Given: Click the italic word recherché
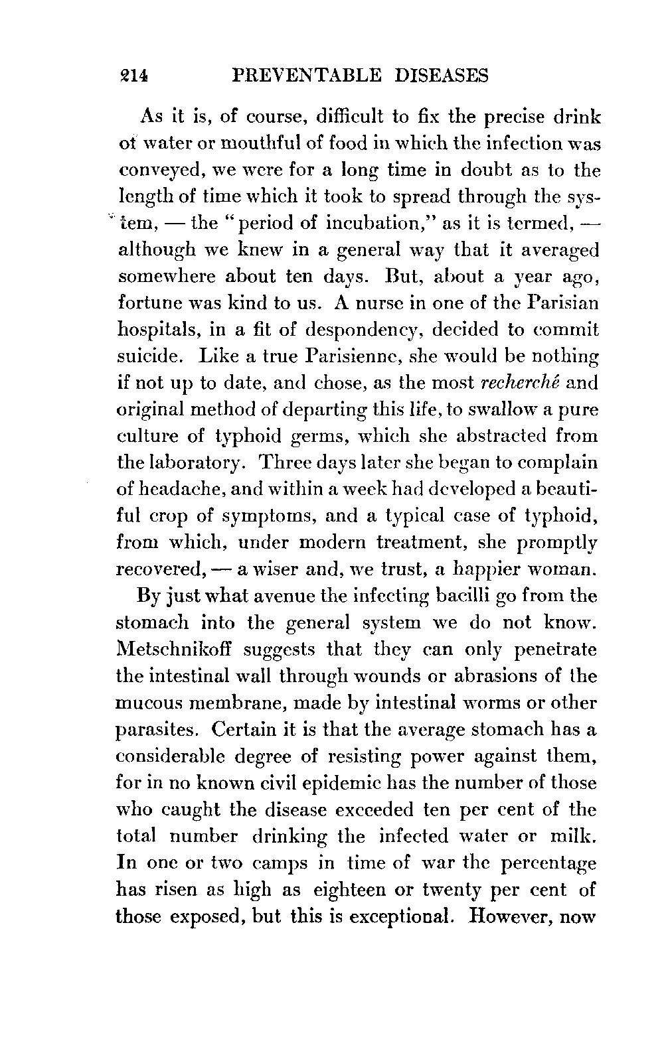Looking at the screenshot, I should (x=516, y=382).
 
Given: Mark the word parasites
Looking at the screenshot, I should (x=157, y=730).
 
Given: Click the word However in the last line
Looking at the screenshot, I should (x=513, y=916).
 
